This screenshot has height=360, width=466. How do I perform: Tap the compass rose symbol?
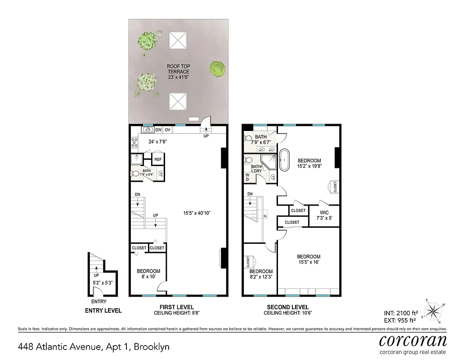(x=433, y=310)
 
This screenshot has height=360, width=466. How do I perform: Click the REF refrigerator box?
(x=158, y=159)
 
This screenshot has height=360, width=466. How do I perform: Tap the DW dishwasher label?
(x=158, y=130)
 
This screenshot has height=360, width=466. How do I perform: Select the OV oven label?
(x=167, y=130)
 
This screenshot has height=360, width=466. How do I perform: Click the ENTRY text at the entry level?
(x=99, y=301)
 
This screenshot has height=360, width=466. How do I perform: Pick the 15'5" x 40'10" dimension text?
(x=197, y=213)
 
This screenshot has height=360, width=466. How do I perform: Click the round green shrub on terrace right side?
(x=218, y=69)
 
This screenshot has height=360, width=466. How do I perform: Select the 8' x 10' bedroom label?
(x=148, y=274)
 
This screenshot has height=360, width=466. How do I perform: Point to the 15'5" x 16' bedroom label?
(x=308, y=260)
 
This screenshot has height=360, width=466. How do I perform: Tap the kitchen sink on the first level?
(x=148, y=130)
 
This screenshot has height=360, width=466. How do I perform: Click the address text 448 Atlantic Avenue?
(x=93, y=347)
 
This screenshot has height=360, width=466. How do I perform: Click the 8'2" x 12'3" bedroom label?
(x=261, y=274)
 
